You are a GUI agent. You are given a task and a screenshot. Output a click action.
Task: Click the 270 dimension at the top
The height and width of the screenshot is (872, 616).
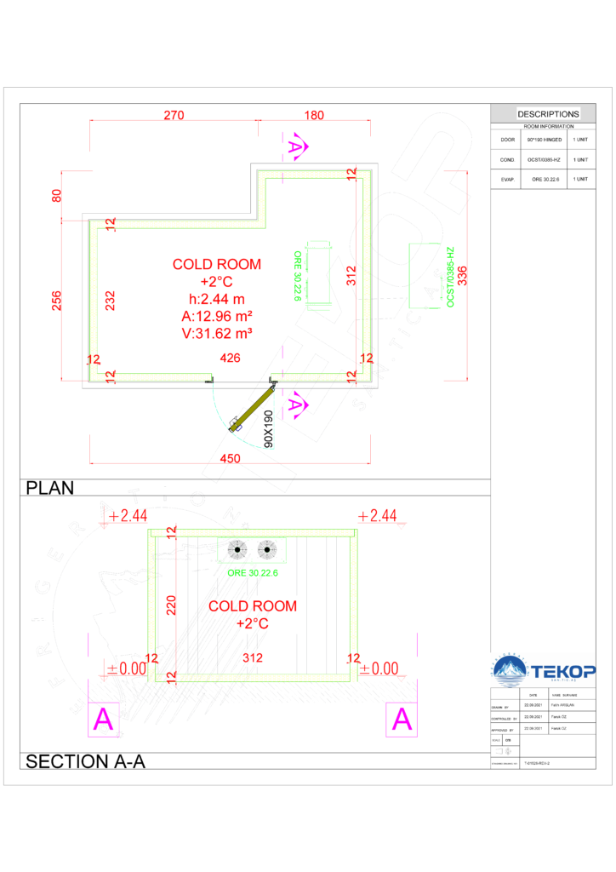coord(174,116)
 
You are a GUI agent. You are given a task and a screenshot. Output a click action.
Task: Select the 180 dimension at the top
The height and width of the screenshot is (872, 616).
coord(314,116)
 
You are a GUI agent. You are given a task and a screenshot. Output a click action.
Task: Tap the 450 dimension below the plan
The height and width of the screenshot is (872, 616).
coord(231,458)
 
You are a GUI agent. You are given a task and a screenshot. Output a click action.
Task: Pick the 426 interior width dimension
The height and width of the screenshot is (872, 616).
coord(231,359)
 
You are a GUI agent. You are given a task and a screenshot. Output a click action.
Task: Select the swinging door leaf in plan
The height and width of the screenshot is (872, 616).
coord(252,409)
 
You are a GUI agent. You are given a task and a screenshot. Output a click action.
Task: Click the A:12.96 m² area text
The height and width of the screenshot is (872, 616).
coord(216,315)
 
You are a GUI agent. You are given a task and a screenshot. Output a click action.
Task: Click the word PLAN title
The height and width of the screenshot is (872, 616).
coord(50,488)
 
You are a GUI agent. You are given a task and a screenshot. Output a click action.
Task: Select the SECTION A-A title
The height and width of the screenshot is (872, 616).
coord(86,761)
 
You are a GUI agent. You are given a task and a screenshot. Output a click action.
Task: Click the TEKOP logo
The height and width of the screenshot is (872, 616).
coord(544,669)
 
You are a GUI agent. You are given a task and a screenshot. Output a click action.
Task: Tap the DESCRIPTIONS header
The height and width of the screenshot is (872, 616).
coord(548,114)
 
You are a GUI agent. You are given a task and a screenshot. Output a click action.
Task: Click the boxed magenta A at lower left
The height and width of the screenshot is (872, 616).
coord(103,720)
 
